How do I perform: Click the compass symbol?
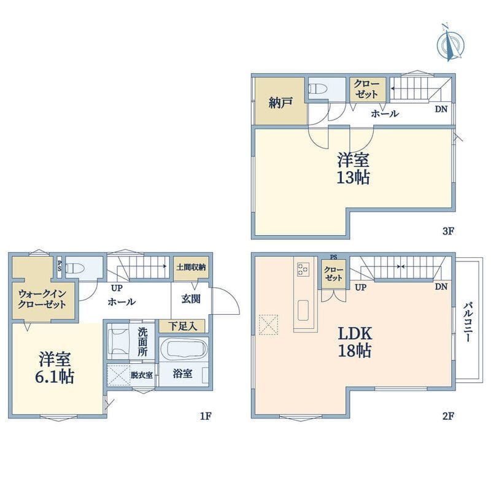point(450,43)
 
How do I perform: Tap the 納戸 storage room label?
point(280,102)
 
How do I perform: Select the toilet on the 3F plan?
point(318,89)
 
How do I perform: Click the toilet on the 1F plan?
point(75,268)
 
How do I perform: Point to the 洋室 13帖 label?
point(354,168)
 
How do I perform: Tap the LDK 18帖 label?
point(355,342)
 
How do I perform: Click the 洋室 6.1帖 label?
point(55,368)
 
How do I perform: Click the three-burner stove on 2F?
point(303,269)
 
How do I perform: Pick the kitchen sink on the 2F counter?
point(303,311)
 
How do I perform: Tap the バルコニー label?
point(468,322)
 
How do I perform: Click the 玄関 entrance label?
point(191,299)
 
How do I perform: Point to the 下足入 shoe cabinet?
point(182,327)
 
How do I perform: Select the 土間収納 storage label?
point(191,267)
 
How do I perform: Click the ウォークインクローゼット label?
point(42,299)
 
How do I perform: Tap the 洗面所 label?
point(142,342)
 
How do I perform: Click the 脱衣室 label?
point(142,374)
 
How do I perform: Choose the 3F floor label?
point(448,231)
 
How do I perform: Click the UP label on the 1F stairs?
point(117,287)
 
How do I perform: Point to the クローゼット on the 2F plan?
point(333,273)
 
